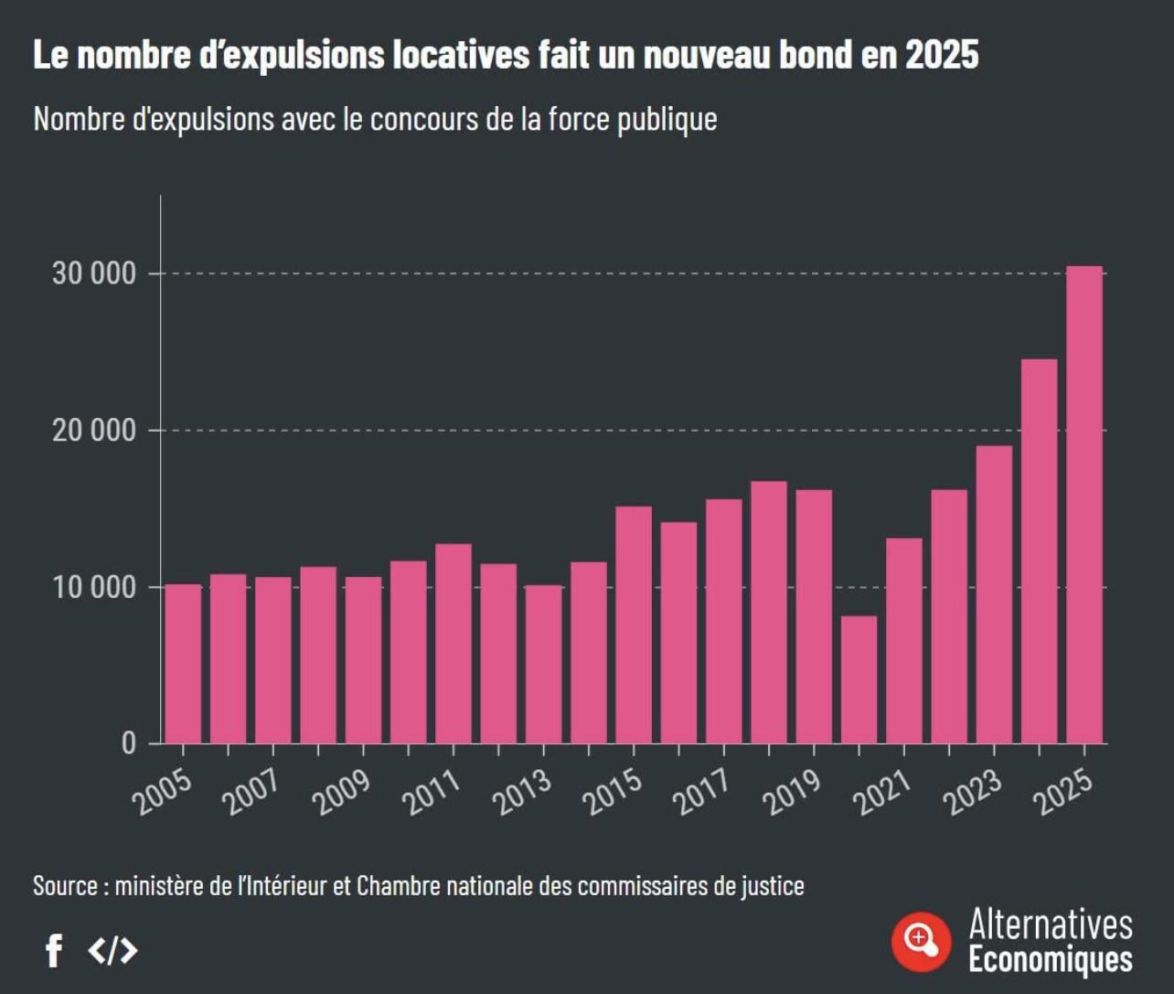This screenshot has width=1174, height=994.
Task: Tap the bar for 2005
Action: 183,664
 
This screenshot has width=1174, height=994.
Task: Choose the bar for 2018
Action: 768,613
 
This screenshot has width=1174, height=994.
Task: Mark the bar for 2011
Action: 454,644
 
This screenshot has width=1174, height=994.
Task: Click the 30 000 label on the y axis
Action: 94,273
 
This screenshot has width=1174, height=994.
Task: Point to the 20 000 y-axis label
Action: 94,430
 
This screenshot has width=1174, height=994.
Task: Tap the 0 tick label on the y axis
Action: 129,743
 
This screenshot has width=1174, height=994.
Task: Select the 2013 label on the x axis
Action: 522,792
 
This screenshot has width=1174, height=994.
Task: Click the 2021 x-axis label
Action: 882,792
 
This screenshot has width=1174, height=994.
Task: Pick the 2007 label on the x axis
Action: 251,792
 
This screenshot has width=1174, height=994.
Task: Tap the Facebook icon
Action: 54,951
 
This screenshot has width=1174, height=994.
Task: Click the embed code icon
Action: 112,951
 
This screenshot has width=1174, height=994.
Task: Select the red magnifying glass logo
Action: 921,942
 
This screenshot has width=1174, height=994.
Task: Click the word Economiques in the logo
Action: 1051,960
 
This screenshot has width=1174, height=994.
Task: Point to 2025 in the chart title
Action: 942,55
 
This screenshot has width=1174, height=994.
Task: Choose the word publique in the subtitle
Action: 667,120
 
